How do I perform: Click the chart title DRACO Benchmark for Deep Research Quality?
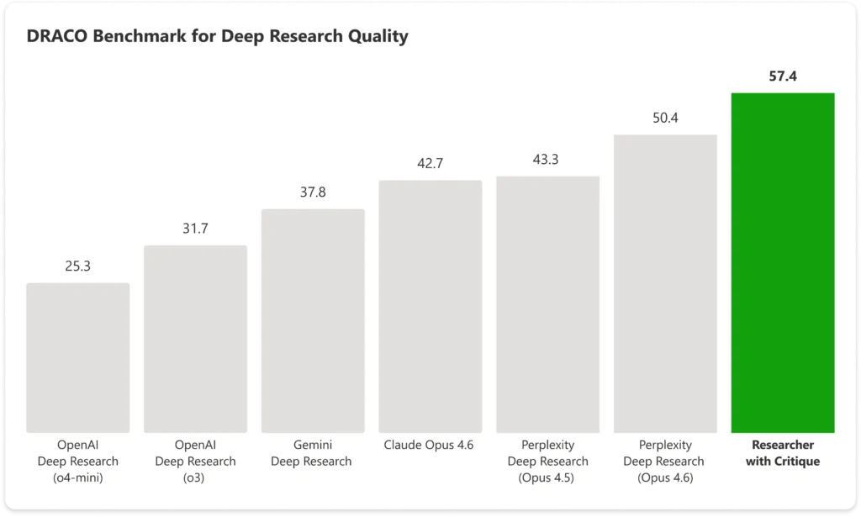point(217,36)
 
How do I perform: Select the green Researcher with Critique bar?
point(782,262)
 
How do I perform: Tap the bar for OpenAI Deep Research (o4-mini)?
point(78,357)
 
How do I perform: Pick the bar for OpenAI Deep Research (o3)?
point(195,339)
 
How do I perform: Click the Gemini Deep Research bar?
point(313,320)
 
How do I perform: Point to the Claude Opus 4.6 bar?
point(430,306)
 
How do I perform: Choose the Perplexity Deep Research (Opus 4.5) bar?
point(547,303)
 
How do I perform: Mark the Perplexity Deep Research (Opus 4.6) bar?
point(665,283)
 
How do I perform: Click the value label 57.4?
point(782,76)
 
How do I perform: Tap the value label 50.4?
point(665,118)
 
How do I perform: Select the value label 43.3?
point(547,159)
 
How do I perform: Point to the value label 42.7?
point(430,163)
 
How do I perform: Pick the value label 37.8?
point(313,192)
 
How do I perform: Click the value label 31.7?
point(195,228)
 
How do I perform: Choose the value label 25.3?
point(78,266)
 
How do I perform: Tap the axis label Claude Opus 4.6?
point(430,445)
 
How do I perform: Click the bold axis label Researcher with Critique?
point(782,453)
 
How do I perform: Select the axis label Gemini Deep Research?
point(313,453)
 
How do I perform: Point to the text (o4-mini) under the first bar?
point(78,477)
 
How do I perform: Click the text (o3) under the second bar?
point(195,477)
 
